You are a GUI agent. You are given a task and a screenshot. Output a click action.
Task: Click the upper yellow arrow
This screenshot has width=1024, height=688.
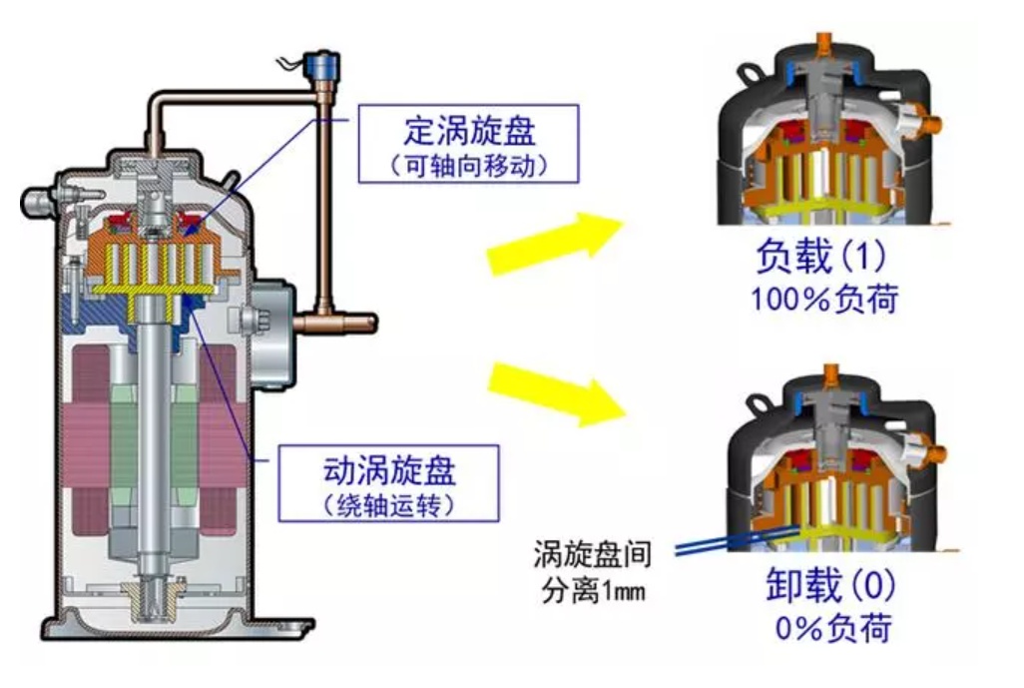556,245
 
